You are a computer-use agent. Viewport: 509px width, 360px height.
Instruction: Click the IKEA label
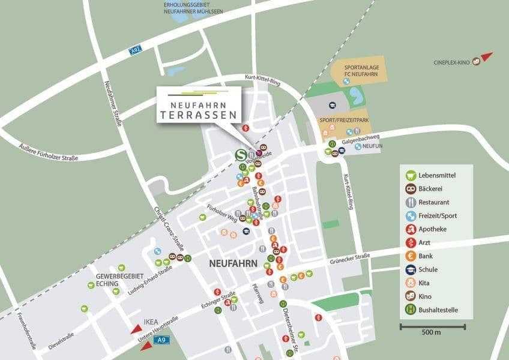click(x=151, y=322)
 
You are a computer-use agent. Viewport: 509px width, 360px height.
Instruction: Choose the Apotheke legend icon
click(x=411, y=229)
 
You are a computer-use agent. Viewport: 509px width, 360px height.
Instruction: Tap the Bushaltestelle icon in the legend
click(x=411, y=310)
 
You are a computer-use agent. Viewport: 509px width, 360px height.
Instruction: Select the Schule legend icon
click(x=411, y=269)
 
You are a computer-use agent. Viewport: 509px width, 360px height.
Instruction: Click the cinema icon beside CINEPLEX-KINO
click(x=476, y=61)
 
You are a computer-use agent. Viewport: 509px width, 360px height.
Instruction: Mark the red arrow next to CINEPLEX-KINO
click(x=487, y=57)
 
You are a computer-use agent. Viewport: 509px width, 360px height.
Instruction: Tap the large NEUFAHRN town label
click(x=233, y=263)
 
